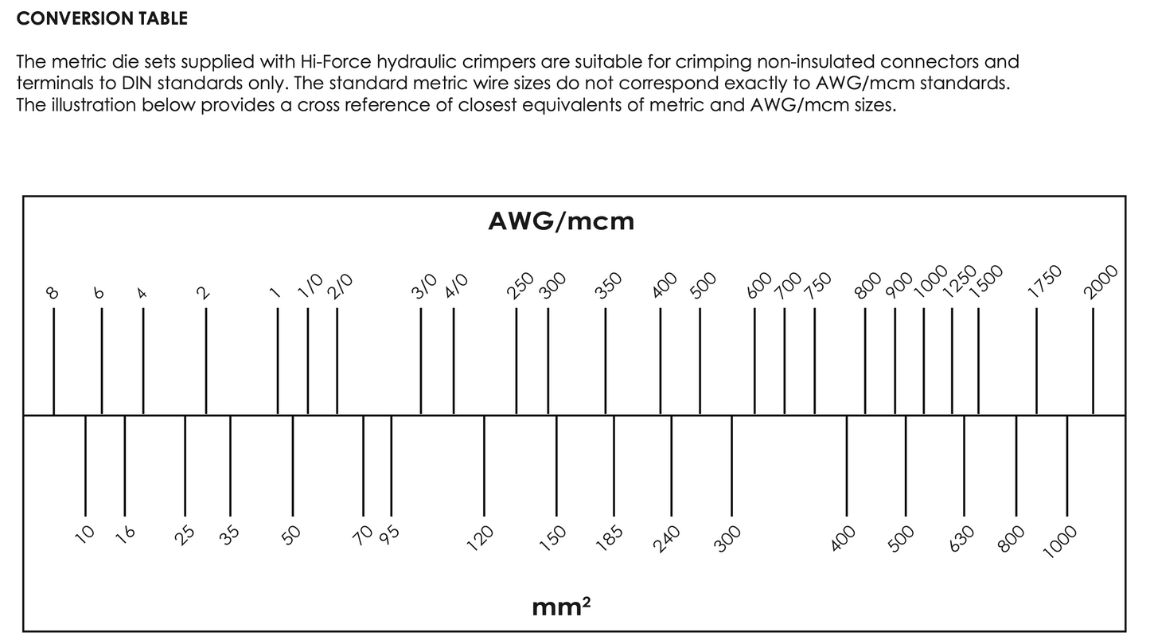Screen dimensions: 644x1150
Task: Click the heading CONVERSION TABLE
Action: coord(102,19)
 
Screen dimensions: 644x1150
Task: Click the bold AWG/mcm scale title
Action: coord(561,221)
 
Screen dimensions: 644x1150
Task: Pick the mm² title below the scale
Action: coord(561,608)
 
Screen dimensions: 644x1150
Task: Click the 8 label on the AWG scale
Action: coord(53,292)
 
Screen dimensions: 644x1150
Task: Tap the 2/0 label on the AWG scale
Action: coord(340,285)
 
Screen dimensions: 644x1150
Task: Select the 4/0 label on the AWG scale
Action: coord(457,285)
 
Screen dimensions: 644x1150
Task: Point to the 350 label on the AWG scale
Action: coord(609,284)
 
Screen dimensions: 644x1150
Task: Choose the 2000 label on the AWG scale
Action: coord(1101,281)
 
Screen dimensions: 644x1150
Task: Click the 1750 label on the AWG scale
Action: coord(1046,281)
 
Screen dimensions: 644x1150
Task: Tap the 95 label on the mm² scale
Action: coord(389,534)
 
